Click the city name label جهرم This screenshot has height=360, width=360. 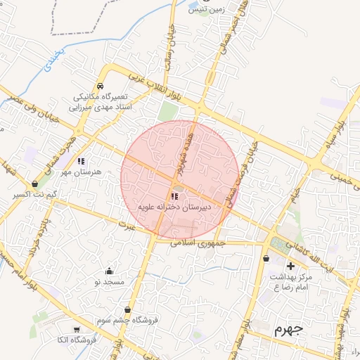(x=288, y=329)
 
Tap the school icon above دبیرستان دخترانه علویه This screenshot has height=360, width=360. (x=174, y=196)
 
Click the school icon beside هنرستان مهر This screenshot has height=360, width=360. (x=81, y=161)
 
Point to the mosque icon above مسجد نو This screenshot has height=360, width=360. (x=109, y=271)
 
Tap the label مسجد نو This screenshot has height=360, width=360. (x=109, y=282)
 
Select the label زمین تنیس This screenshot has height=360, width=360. (x=205, y=11)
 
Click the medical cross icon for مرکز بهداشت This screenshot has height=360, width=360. (x=290, y=266)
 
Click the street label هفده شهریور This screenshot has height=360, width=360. (x=185, y=155)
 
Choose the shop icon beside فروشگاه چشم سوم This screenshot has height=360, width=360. (x=127, y=309)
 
